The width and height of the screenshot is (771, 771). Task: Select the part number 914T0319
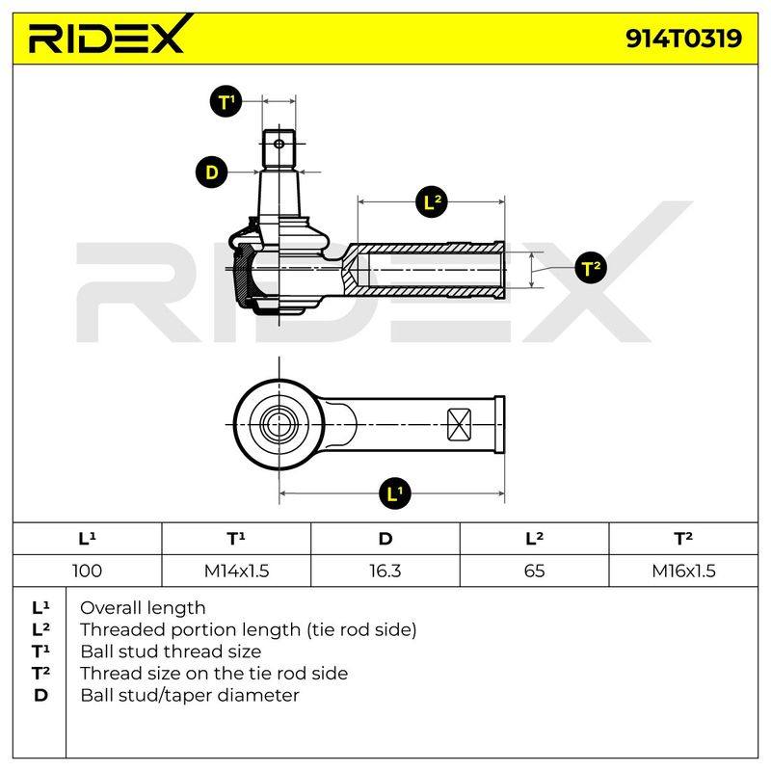click(x=683, y=39)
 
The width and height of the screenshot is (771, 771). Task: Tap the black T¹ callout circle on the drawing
click(x=226, y=102)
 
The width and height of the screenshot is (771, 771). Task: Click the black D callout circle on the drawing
click(x=212, y=173)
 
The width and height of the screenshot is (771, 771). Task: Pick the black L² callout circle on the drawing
click(x=432, y=201)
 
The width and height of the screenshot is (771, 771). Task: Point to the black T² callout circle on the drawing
click(x=591, y=268)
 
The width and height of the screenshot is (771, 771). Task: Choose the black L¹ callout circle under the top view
click(x=395, y=493)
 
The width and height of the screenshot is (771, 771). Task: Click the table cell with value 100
click(x=87, y=571)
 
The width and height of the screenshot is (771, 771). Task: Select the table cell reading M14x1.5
click(x=236, y=571)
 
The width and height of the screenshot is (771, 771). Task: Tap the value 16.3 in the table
click(x=385, y=571)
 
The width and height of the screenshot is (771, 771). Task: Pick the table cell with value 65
click(x=535, y=571)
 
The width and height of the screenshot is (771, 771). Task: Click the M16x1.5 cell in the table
click(x=683, y=571)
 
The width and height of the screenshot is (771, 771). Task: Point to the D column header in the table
click(x=385, y=539)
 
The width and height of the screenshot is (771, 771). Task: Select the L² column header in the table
click(x=535, y=539)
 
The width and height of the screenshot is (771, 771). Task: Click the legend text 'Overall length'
click(x=143, y=608)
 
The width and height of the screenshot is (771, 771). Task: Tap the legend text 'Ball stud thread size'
click(x=171, y=651)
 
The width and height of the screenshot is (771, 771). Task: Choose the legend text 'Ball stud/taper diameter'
click(x=189, y=695)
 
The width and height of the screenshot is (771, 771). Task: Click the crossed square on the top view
click(x=460, y=425)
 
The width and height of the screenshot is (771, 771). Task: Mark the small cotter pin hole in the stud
click(x=279, y=144)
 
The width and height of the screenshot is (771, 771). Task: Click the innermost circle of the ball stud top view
click(x=279, y=425)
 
